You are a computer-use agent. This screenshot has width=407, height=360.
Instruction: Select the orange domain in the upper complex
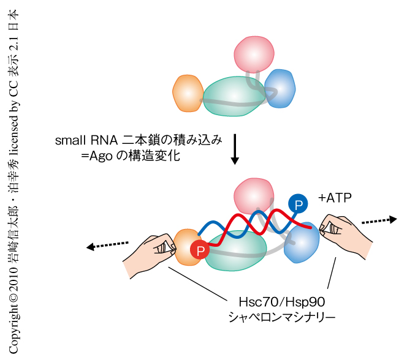click(187, 94)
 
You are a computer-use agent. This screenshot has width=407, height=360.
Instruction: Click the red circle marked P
click(200, 250)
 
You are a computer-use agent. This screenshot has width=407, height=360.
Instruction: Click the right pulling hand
click(346, 236)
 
